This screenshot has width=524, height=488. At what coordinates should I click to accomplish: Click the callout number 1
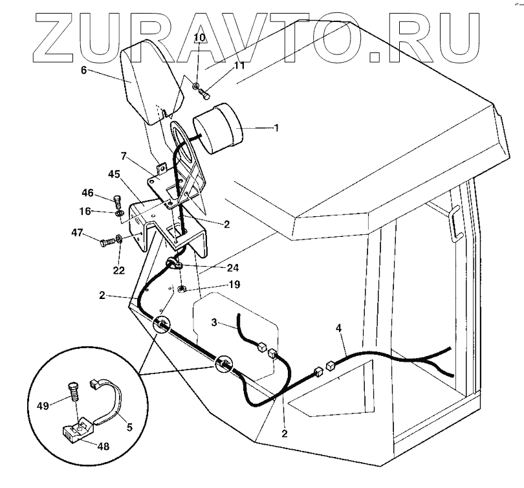(277, 128)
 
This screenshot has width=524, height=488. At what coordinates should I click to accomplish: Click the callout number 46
(88, 193)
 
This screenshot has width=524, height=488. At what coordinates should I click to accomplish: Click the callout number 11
(222, 66)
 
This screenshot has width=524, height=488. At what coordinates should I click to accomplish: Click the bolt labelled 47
(105, 243)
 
